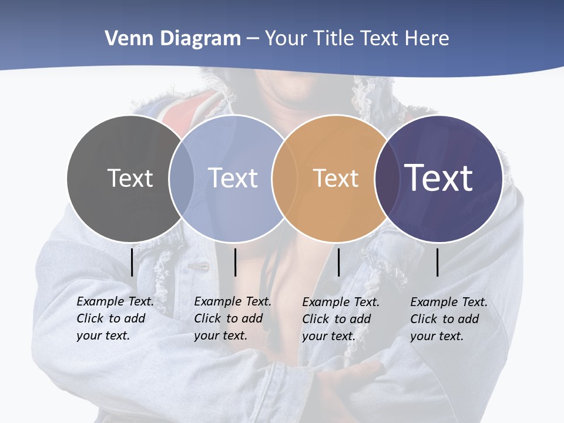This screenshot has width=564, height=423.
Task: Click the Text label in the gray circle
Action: point(130,178)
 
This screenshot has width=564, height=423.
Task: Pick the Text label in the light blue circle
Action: point(233,178)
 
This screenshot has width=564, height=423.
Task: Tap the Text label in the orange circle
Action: point(335,178)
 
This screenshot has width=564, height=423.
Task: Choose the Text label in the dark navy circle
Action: point(438,178)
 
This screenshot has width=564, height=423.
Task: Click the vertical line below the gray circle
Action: point(132,262)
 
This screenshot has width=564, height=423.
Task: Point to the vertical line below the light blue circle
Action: point(235,262)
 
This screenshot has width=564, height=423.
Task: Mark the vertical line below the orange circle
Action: point(339,262)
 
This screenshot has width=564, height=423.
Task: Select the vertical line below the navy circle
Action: point(438,262)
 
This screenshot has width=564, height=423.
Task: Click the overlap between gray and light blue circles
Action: point(182,178)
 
